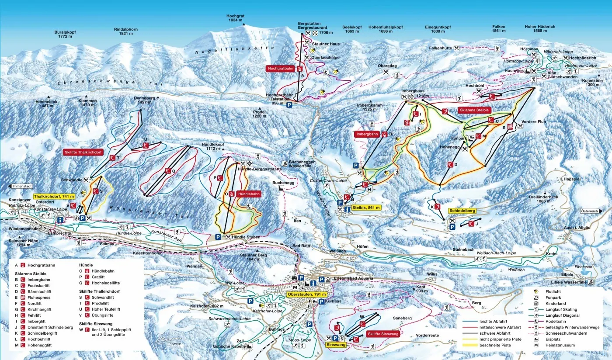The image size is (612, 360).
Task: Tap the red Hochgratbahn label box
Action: [x=281, y=69]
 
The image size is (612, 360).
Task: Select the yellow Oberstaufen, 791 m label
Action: [x=307, y=294]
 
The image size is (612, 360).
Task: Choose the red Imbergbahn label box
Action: [x=368, y=134]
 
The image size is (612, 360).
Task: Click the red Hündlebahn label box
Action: [x=248, y=194]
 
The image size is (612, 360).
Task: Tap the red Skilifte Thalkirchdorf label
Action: [x=83, y=152]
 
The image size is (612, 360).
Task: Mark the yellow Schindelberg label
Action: [x=462, y=211]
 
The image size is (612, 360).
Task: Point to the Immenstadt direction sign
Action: [x=23, y=186]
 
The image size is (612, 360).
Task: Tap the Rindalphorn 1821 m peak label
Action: [x=125, y=31]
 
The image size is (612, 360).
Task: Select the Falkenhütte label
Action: [x=440, y=48]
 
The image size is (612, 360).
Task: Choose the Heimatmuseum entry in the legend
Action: [x=560, y=345]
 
